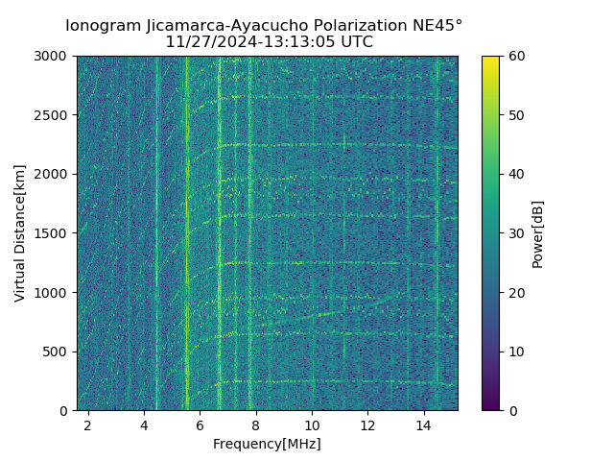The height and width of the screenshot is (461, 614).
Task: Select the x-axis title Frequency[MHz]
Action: coord(267,444)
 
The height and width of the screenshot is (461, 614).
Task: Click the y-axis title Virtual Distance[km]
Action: coord(20,233)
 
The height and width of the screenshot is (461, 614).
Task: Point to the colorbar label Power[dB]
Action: coord(538,233)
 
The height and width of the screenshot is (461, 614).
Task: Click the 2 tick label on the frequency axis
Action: coord(88,424)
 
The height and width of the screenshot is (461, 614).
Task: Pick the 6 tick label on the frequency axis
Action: coord(200,424)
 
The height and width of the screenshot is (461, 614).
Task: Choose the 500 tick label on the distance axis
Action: coord(58,352)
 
